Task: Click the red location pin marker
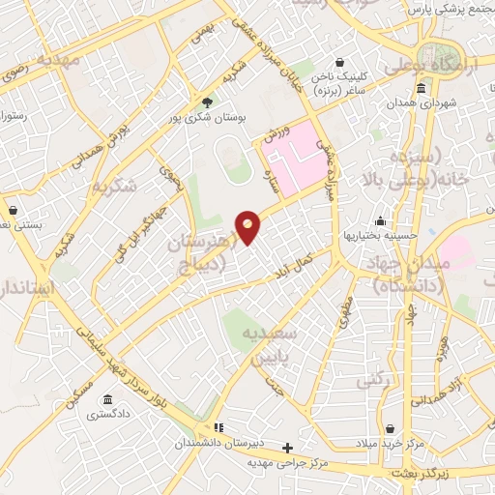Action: tap(248, 226)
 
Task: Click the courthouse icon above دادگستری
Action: tap(105, 399)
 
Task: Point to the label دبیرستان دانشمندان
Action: tap(218, 442)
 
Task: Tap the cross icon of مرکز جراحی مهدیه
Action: tap(287, 448)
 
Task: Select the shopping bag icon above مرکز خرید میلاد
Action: tap(389, 428)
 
